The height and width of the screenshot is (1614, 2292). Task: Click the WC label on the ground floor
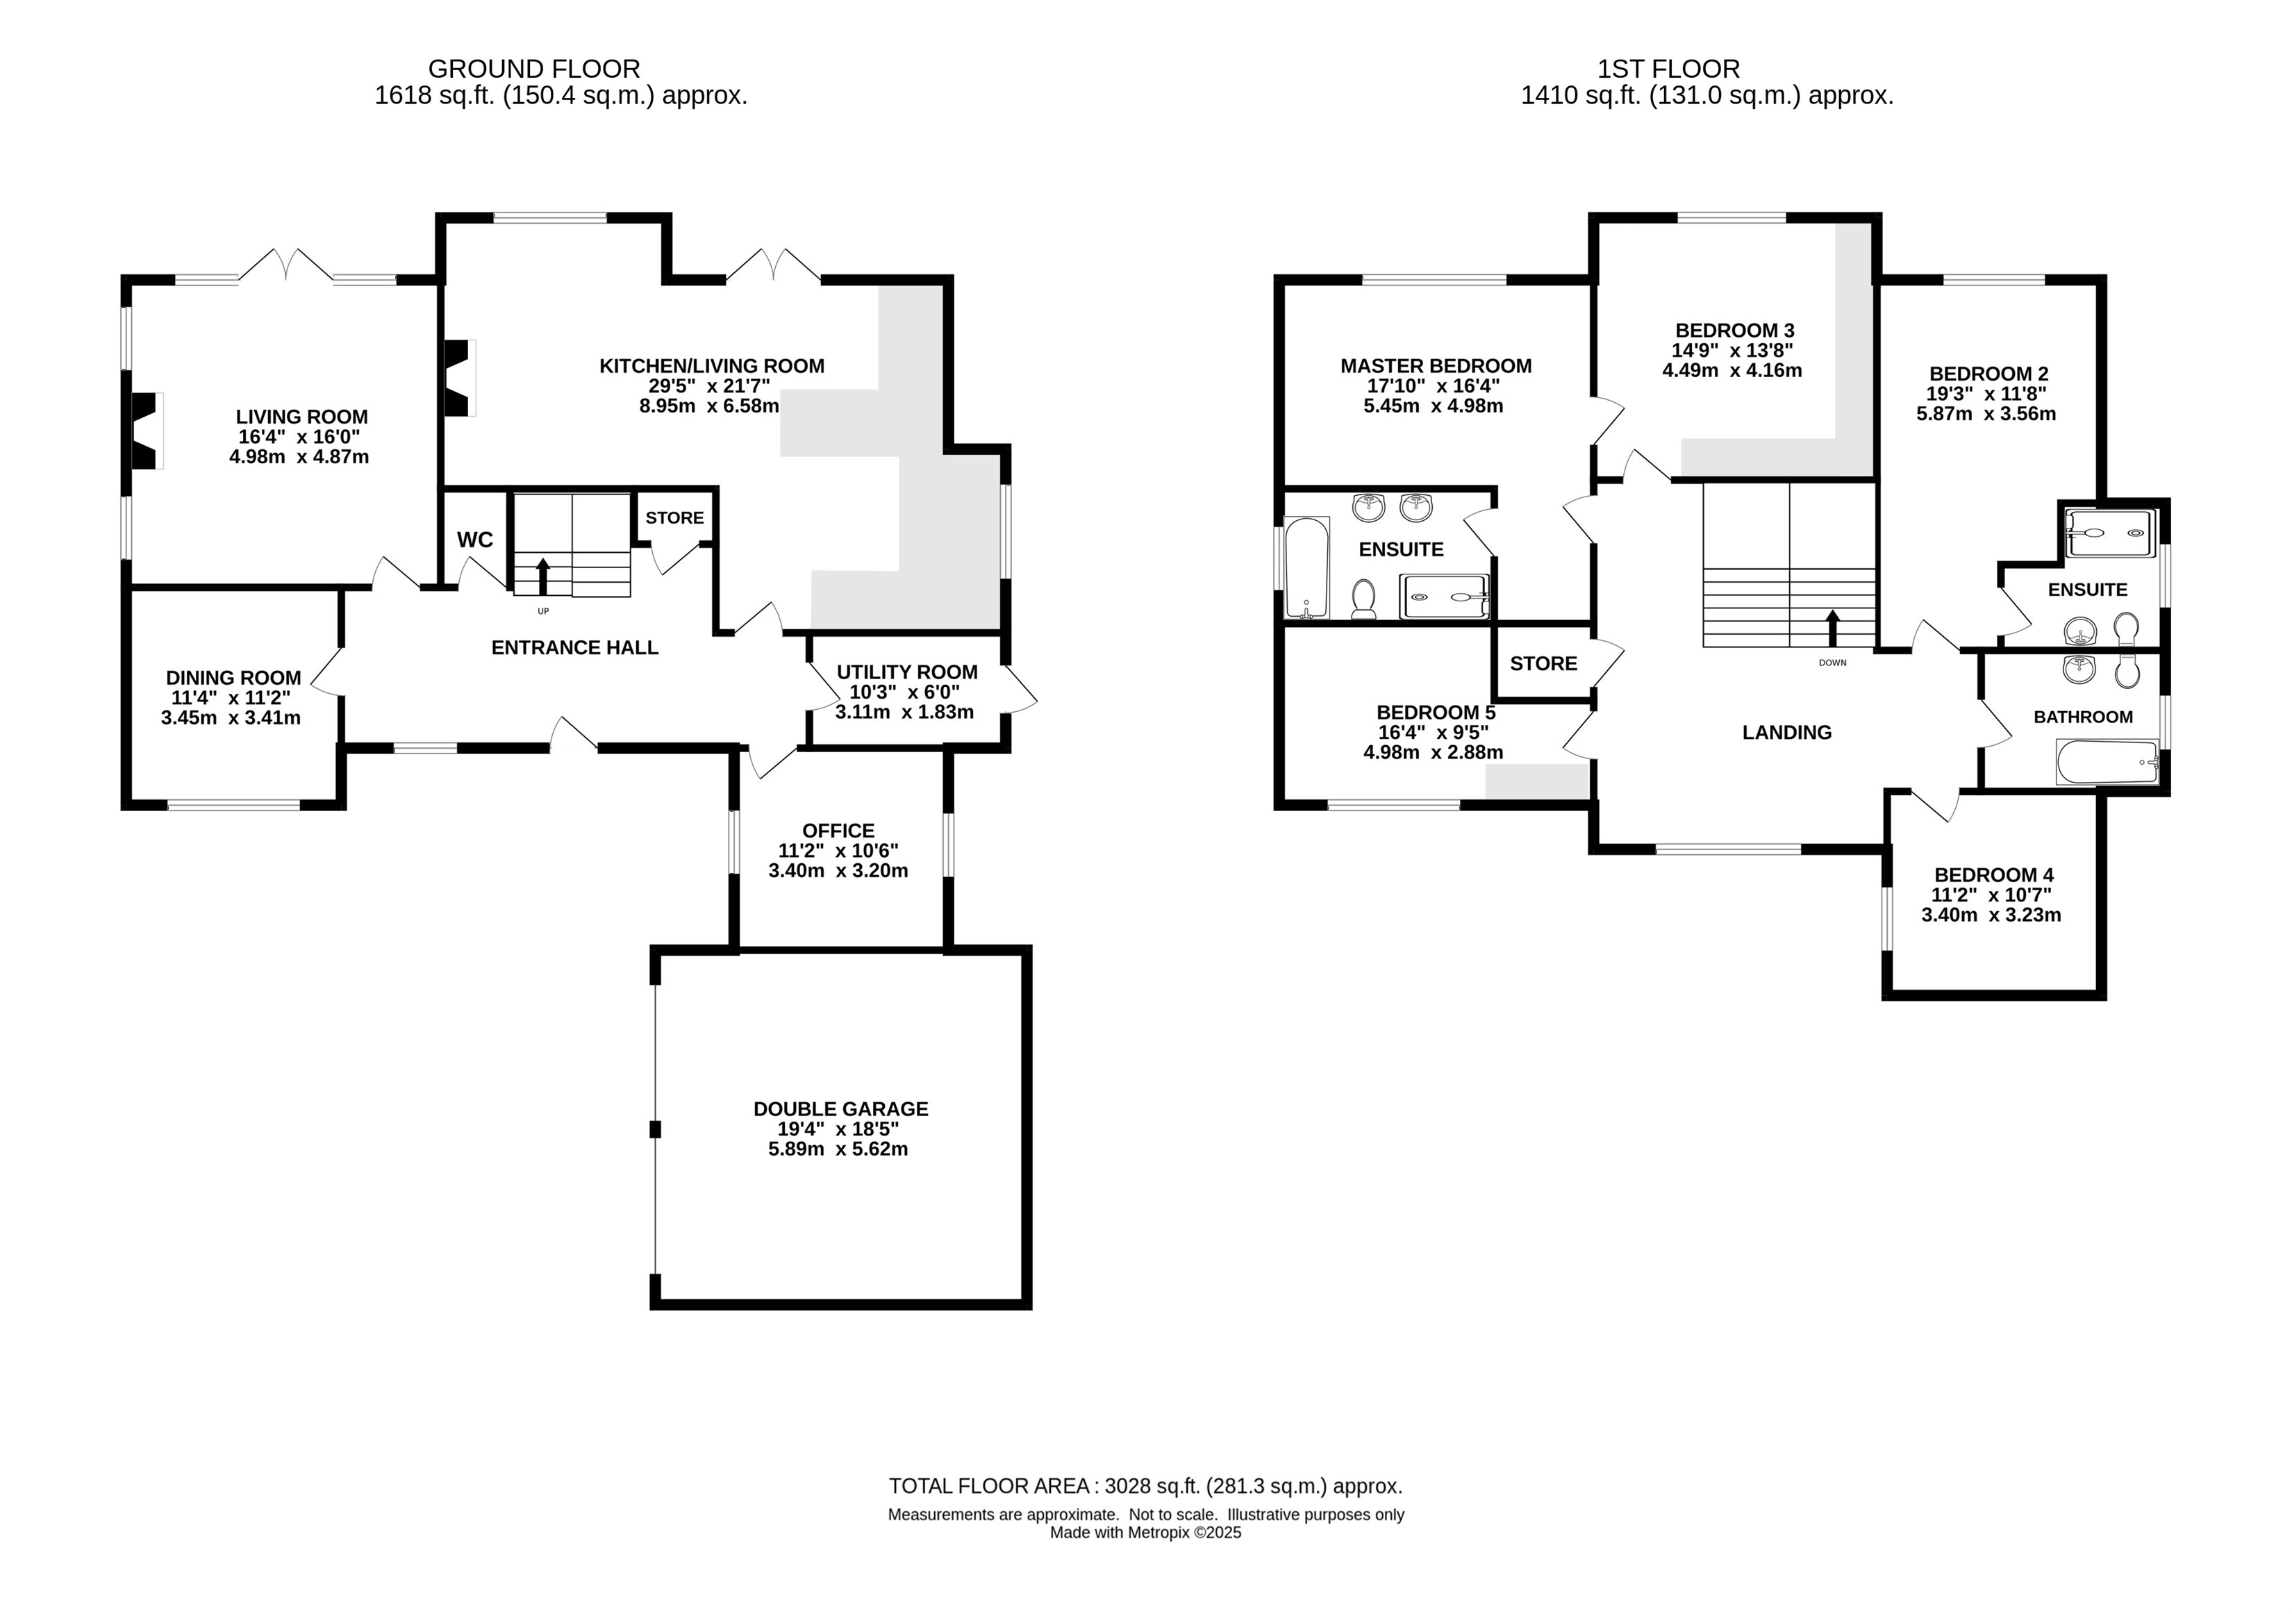pyautogui.click(x=475, y=540)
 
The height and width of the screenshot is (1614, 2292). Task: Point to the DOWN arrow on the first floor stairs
pyautogui.click(x=1832, y=629)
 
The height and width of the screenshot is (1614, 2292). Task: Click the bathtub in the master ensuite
pyautogui.click(x=1306, y=567)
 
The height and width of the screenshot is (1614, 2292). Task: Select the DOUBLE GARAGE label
pyautogui.click(x=840, y=1109)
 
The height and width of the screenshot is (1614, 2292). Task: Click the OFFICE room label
pyautogui.click(x=838, y=831)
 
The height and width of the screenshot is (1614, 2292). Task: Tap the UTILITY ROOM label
pyautogui.click(x=906, y=672)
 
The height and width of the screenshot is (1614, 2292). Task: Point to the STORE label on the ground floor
pyautogui.click(x=675, y=517)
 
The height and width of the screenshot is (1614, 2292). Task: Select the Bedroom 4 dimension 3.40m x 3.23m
pyautogui.click(x=1991, y=915)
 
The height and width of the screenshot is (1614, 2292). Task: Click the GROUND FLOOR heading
pyautogui.click(x=534, y=69)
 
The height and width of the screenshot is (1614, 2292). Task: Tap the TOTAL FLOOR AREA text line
pyautogui.click(x=1146, y=1486)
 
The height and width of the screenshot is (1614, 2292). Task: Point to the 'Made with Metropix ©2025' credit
pyautogui.click(x=1146, y=1532)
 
